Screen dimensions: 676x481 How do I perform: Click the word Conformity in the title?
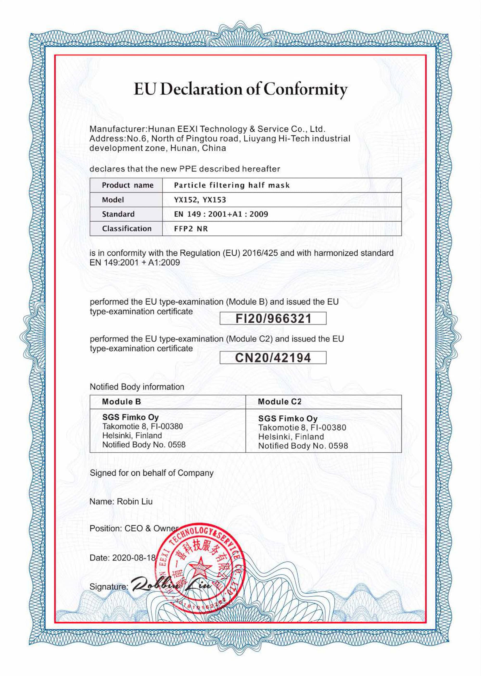pos(305,89)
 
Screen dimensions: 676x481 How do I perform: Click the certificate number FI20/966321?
pos(273,319)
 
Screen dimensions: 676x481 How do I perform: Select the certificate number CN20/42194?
pos(273,358)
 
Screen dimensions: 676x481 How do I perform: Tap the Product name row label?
pos(127,185)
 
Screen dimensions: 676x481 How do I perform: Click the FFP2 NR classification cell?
pos(191,229)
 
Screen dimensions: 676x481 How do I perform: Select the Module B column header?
pos(121,401)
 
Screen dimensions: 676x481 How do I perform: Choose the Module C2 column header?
pos(279,401)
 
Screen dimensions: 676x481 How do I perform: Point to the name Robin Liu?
pos(135,501)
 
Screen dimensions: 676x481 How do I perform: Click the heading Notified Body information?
pos(137,387)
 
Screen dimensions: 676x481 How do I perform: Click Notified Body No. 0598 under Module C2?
pos(303,446)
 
